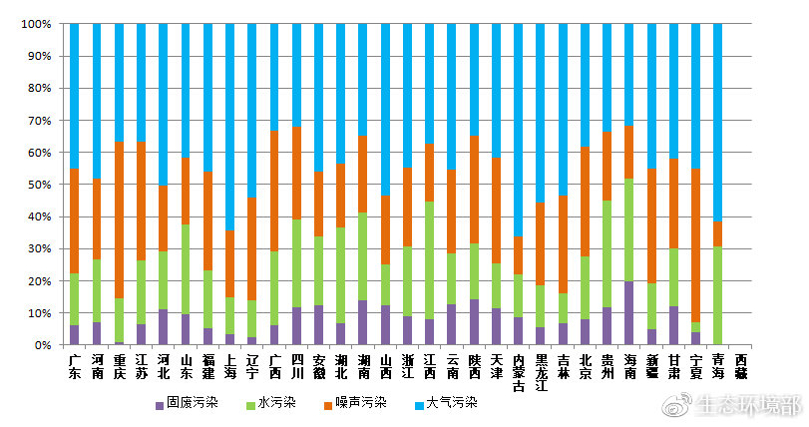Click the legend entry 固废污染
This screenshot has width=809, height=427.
(x=189, y=403)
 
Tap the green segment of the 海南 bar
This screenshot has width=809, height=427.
(x=628, y=229)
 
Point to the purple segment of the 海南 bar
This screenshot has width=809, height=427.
(x=628, y=313)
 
